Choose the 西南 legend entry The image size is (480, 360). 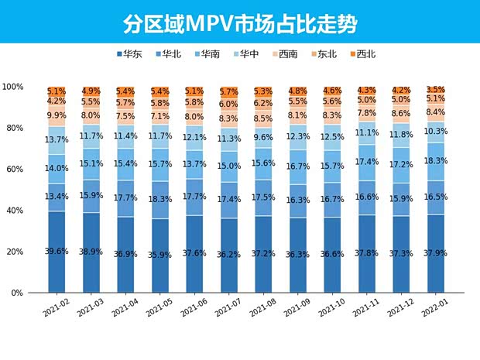(x=285, y=54)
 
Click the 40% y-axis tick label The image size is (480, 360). (x=16, y=211)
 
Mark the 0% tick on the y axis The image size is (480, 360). (x=19, y=293)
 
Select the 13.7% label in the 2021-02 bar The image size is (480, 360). (x=57, y=139)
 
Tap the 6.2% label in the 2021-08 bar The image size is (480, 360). (x=263, y=103)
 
